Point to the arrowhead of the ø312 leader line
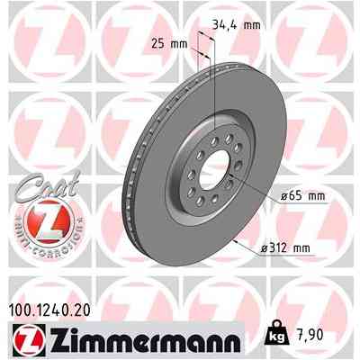pos(237,243)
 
